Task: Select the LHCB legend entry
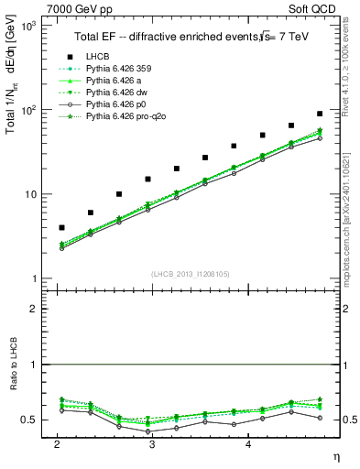[99, 56]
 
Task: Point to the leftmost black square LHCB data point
[61, 227]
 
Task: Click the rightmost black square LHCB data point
[320, 114]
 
